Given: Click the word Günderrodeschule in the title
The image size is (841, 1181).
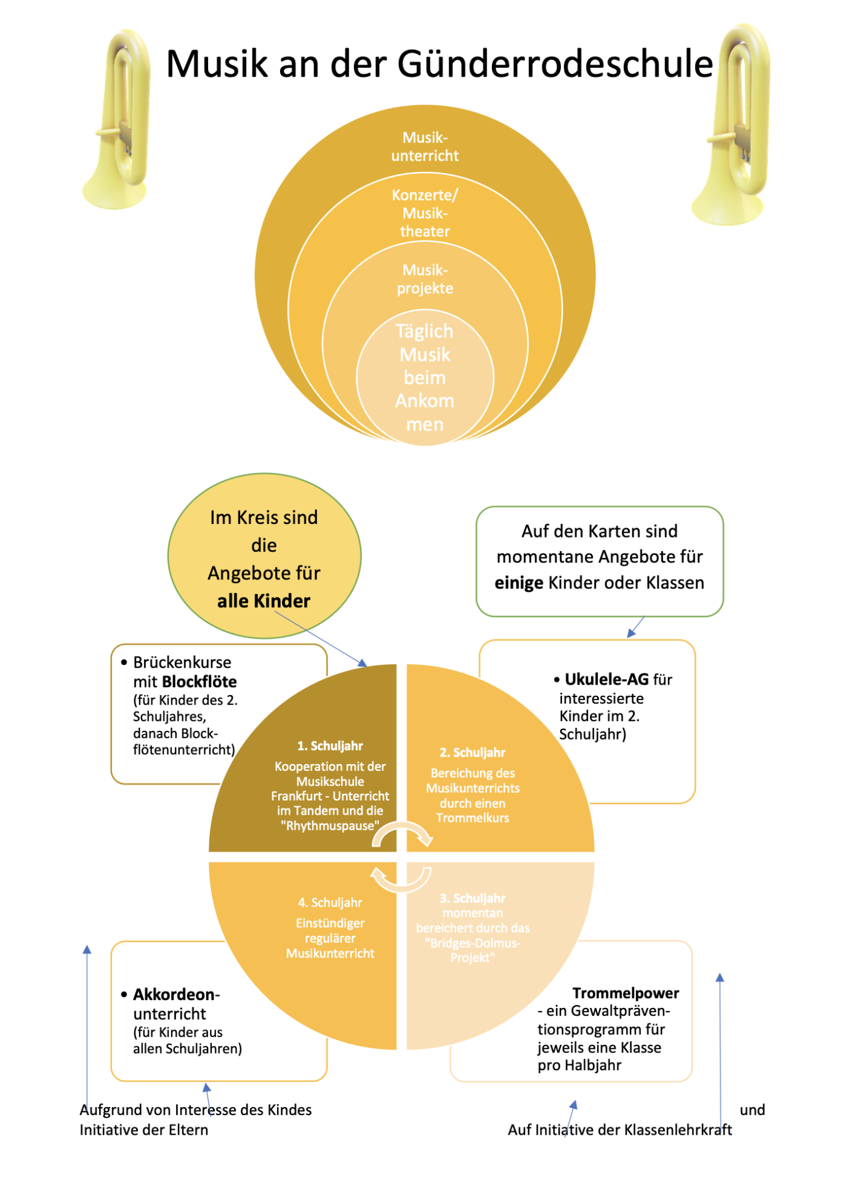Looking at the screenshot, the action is click(555, 64).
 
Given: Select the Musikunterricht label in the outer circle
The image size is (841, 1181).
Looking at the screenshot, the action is click(425, 147).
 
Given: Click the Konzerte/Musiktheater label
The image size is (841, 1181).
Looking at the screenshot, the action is click(425, 213).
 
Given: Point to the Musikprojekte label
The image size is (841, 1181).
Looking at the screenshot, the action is click(425, 279).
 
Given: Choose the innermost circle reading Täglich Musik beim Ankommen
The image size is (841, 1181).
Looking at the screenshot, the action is click(425, 377).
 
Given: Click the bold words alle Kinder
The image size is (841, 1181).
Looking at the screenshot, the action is click(264, 601).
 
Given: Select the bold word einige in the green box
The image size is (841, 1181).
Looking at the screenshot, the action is click(519, 582).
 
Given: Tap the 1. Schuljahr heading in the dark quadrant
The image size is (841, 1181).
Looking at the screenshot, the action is click(330, 746).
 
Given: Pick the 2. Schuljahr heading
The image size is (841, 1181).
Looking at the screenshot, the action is click(472, 752).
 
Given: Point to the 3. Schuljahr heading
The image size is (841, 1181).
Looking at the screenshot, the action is click(472, 898).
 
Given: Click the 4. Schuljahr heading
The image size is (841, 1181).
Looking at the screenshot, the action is click(330, 903).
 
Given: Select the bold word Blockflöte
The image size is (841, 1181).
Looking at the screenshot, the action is click(199, 682).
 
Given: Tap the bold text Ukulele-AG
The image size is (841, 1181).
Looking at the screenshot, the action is click(606, 679).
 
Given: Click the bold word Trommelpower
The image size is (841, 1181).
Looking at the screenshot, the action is click(626, 993).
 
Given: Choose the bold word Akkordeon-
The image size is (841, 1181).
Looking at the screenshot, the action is click(177, 994).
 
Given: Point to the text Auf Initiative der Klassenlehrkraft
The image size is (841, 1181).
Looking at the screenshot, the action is click(620, 1130).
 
